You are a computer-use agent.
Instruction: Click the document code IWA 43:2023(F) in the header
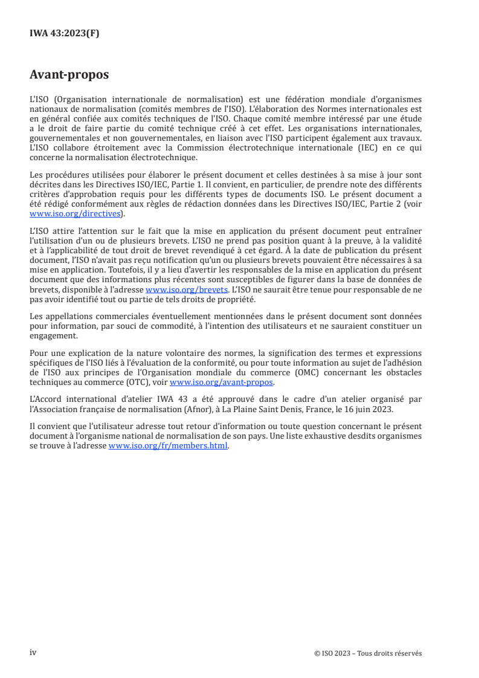(x=65, y=33)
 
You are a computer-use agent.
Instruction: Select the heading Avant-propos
(x=69, y=75)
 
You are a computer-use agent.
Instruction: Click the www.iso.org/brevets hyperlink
(x=187, y=290)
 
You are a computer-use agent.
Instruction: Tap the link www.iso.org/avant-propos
(x=222, y=383)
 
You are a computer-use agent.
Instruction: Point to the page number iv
(x=33, y=653)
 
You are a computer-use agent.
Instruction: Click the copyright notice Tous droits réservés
(x=396, y=653)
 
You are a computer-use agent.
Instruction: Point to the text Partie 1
(x=214, y=184)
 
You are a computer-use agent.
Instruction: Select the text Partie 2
(x=388, y=205)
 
